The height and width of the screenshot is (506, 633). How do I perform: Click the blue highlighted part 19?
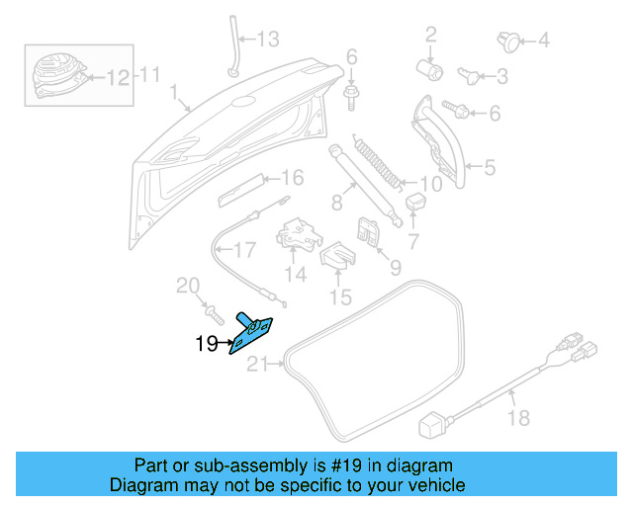(x=253, y=330)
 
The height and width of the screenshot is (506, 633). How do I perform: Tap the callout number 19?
(x=206, y=344)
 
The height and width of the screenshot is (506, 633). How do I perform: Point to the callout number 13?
(x=268, y=40)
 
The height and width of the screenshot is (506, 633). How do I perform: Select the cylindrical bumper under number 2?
(x=430, y=69)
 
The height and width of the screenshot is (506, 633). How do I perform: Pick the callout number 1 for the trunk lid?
(x=174, y=96)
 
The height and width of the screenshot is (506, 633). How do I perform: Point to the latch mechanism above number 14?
(x=297, y=233)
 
